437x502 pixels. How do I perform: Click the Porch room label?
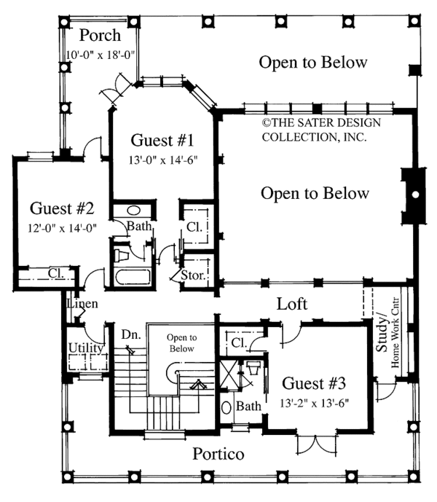[x=100, y=35]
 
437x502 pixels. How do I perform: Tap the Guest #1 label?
[x=162, y=140]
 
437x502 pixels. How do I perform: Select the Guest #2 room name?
[x=62, y=208]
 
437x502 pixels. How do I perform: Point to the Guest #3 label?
[x=314, y=383]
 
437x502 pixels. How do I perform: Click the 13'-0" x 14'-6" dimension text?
[x=163, y=160]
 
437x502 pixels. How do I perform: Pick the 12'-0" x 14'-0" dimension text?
[x=63, y=228]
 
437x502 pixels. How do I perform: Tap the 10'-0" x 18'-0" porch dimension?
[x=100, y=55]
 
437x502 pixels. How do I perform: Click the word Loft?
[x=292, y=304]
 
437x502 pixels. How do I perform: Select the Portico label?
[x=219, y=454]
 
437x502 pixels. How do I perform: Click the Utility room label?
[x=86, y=348]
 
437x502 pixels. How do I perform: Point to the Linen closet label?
[x=82, y=304]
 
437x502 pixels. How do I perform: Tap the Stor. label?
[x=193, y=275]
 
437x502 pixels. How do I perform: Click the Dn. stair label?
[x=131, y=335]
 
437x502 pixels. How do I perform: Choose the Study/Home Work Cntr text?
[x=387, y=333]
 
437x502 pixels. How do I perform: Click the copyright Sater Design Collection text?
[x=321, y=130]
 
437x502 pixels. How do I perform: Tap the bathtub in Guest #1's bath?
[x=133, y=277]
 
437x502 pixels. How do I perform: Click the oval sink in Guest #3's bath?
[x=227, y=407]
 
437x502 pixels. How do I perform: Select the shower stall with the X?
[x=229, y=374]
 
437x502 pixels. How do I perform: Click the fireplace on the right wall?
[x=414, y=195]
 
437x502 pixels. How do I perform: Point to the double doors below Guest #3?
[x=316, y=444]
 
